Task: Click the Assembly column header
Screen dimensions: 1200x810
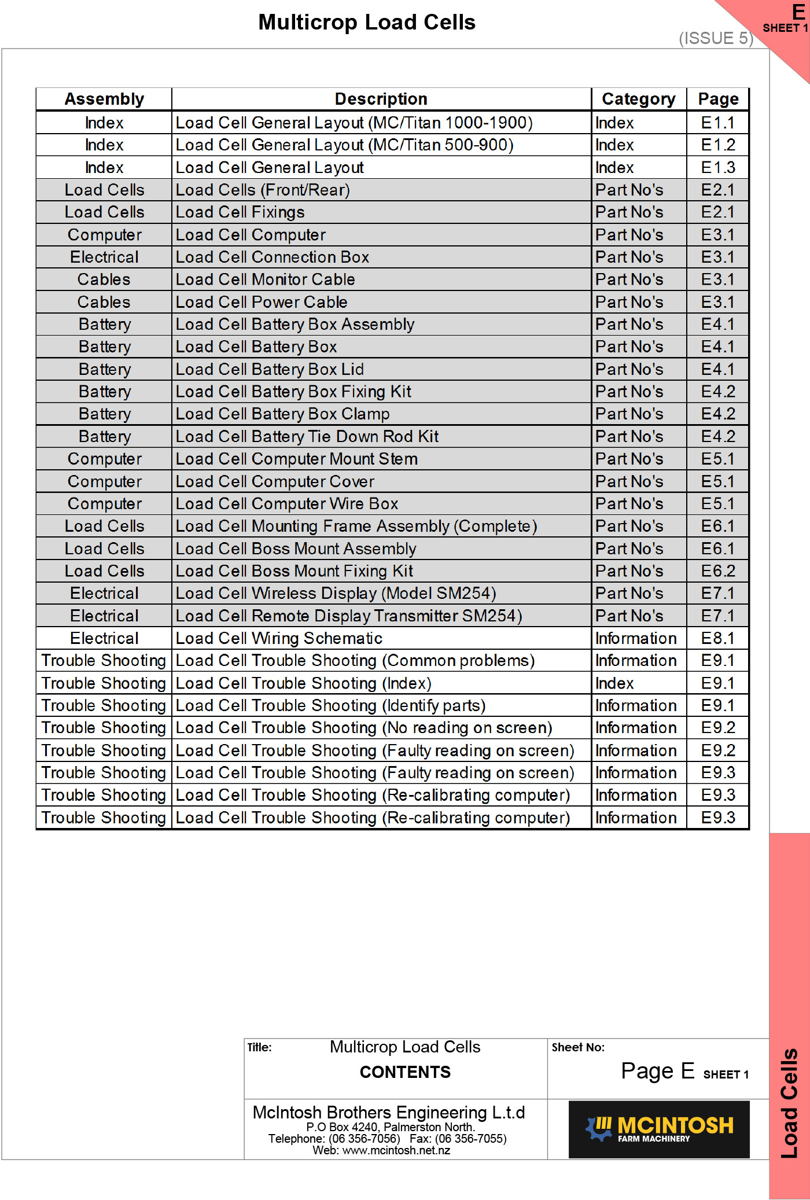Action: pos(104,99)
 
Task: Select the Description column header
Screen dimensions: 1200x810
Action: pos(381,99)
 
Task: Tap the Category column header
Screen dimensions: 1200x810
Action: pos(638,99)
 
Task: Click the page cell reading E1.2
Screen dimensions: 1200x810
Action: pos(718,145)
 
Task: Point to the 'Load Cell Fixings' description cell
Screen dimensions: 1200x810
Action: pos(240,212)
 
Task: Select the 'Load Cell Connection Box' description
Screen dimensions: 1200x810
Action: pos(273,257)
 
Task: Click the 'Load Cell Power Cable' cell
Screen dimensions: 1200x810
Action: pos(262,302)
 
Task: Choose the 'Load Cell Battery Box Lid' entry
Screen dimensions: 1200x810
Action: pos(270,369)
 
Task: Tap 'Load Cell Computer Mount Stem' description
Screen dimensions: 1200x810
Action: pos(297,459)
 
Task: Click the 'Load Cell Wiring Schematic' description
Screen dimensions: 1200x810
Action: pos(279,638)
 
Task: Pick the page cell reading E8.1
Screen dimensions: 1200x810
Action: pos(718,638)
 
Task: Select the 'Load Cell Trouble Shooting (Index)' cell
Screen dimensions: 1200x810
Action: pos(304,683)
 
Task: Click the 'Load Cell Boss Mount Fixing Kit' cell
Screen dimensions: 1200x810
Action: pos(294,571)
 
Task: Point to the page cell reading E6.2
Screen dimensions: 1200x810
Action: pos(718,571)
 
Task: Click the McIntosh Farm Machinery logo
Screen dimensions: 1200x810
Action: pos(659,1129)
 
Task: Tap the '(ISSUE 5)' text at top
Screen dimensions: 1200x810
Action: pos(716,38)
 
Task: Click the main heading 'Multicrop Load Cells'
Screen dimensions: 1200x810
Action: pos(367,22)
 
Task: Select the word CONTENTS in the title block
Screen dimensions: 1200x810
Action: pos(405,1072)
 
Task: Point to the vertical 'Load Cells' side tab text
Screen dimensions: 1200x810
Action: pos(789,1103)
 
